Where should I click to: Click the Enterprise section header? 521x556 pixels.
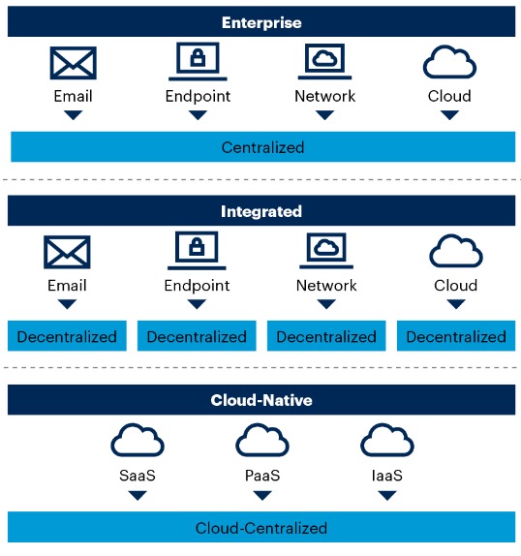click(x=261, y=21)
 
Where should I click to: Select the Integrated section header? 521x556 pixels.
click(x=261, y=210)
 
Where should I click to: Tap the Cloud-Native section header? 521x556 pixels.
click(x=261, y=399)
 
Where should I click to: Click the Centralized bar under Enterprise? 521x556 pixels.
click(x=261, y=147)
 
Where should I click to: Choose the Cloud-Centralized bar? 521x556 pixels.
click(x=261, y=528)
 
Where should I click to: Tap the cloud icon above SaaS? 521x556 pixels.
click(x=138, y=441)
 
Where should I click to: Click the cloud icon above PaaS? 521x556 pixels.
click(x=262, y=441)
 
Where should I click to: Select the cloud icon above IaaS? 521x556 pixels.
click(x=387, y=441)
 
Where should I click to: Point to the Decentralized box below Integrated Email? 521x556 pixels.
click(x=67, y=336)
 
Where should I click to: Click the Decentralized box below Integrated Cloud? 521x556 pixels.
click(x=455, y=336)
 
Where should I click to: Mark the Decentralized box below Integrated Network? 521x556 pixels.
click(x=326, y=336)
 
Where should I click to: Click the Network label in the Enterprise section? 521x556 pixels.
click(x=324, y=96)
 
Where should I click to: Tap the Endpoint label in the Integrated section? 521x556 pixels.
click(x=197, y=285)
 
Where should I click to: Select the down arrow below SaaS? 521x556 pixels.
click(x=138, y=495)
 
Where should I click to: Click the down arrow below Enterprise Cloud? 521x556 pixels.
click(x=449, y=114)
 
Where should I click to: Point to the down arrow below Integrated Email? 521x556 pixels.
click(x=67, y=303)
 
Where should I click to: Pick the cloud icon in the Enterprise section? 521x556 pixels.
click(x=449, y=63)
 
